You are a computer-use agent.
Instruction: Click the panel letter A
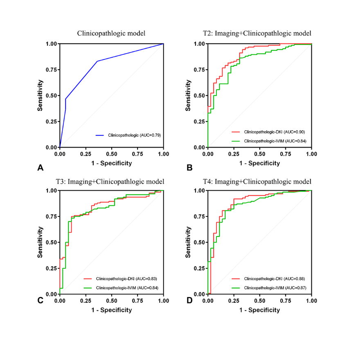40,167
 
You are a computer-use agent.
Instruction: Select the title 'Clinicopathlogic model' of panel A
111,33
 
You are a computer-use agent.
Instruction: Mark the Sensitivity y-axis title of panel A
40,95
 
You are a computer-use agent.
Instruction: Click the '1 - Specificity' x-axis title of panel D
259,310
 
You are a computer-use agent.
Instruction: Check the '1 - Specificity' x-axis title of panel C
112,310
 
